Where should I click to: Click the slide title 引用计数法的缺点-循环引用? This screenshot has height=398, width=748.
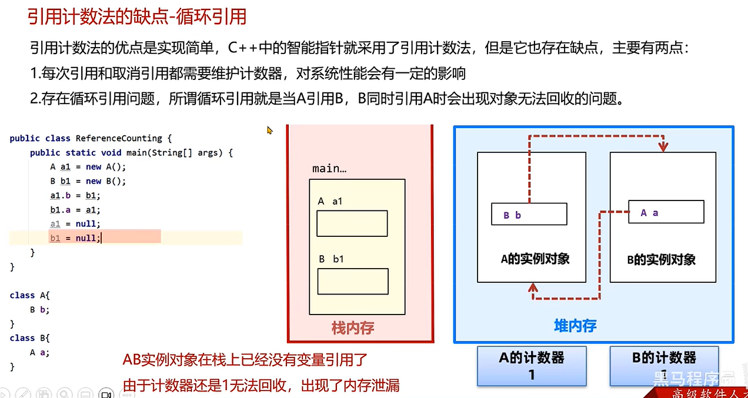137,16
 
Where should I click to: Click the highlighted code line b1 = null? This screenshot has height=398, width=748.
75,238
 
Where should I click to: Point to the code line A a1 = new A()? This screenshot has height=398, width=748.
84,167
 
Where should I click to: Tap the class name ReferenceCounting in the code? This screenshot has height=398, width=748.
118,138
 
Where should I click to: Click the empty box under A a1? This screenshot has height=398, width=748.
352,223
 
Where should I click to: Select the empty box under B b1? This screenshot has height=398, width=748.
352,281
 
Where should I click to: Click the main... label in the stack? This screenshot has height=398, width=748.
329,169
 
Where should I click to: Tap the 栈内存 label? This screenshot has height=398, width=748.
353,327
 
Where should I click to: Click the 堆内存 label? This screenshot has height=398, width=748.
575,326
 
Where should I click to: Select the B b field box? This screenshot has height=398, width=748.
529,214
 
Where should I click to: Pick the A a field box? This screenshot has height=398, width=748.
666,212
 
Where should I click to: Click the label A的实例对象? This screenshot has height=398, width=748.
535,259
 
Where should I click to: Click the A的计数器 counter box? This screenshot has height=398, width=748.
532,364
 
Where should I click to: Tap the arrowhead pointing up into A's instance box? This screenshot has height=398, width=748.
533,287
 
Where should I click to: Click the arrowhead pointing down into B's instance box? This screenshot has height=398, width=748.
663,146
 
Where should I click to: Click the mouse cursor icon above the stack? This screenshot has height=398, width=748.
270,131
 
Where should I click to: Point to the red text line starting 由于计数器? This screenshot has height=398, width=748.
261,386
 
